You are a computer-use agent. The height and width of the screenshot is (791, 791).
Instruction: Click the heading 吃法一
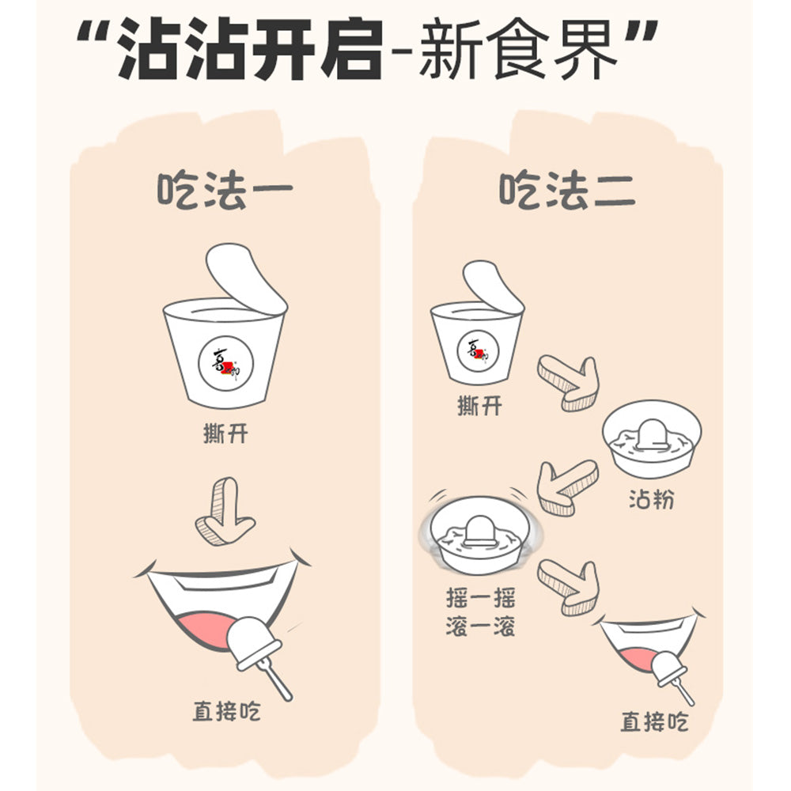pos(225,191)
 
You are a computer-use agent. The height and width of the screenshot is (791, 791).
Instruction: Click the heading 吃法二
pos(566,191)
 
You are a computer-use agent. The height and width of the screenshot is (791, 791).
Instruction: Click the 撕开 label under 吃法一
pos(225,433)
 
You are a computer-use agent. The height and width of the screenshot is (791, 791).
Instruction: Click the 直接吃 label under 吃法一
pos(226,710)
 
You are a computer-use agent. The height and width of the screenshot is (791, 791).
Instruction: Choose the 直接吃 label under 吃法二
pos(653,721)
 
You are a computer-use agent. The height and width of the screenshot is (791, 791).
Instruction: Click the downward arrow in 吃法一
pos(225,513)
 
